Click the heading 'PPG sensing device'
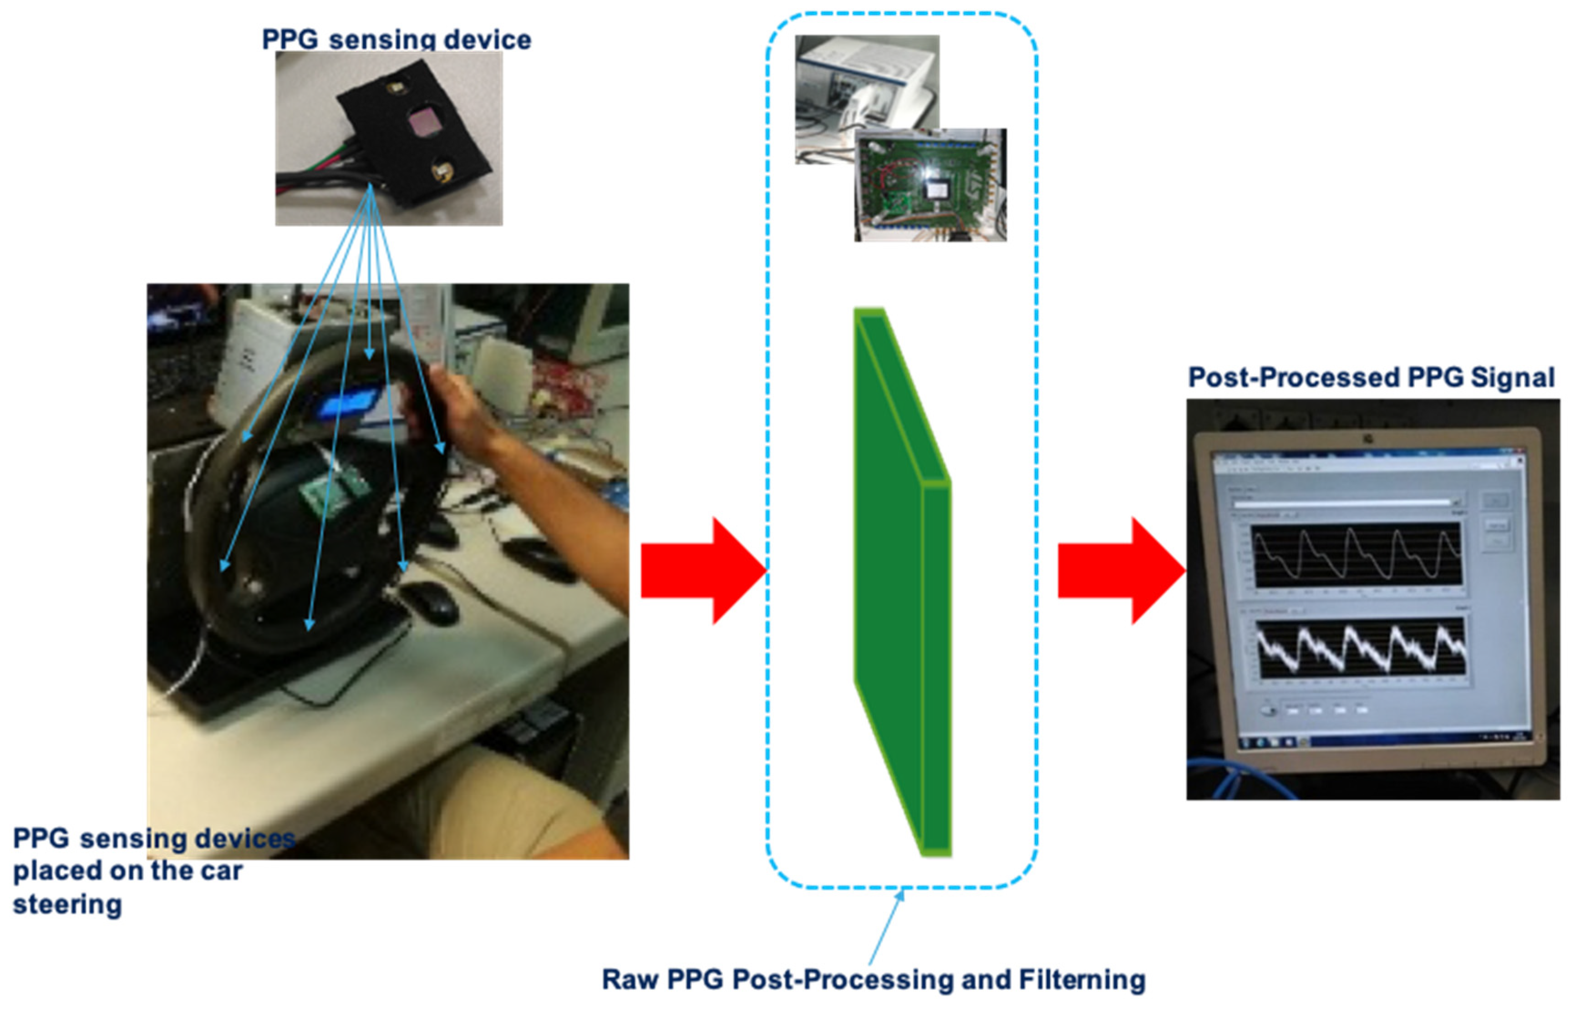396,39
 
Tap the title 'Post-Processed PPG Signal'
1371,378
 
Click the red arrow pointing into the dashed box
701,570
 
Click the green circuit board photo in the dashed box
930,185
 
